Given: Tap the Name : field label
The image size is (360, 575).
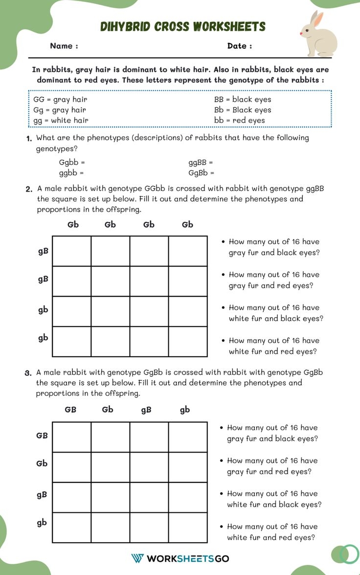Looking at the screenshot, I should tap(64, 46).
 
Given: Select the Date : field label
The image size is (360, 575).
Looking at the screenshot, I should tap(240, 46).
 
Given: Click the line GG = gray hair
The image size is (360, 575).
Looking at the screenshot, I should tap(60, 99).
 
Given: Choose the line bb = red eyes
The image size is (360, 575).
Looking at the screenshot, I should tap(239, 120).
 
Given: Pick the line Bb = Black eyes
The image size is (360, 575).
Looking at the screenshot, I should tap(242, 110).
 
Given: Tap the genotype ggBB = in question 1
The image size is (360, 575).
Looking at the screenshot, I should tap(201, 162).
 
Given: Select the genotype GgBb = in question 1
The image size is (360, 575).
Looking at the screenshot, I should tap(201, 173).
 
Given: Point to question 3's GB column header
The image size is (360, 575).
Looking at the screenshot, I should tap(70, 410).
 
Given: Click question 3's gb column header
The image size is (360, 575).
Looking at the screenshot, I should tap(184, 410).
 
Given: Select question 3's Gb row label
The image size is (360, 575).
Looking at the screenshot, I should tap(42, 463).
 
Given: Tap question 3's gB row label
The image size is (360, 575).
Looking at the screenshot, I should tap(42, 494).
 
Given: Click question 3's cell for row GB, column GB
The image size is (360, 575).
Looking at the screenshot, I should tap(71, 437).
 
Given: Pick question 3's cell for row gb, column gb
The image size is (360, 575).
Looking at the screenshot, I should tap(188, 528).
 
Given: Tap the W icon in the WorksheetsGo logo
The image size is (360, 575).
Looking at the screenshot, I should tap(137, 558).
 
